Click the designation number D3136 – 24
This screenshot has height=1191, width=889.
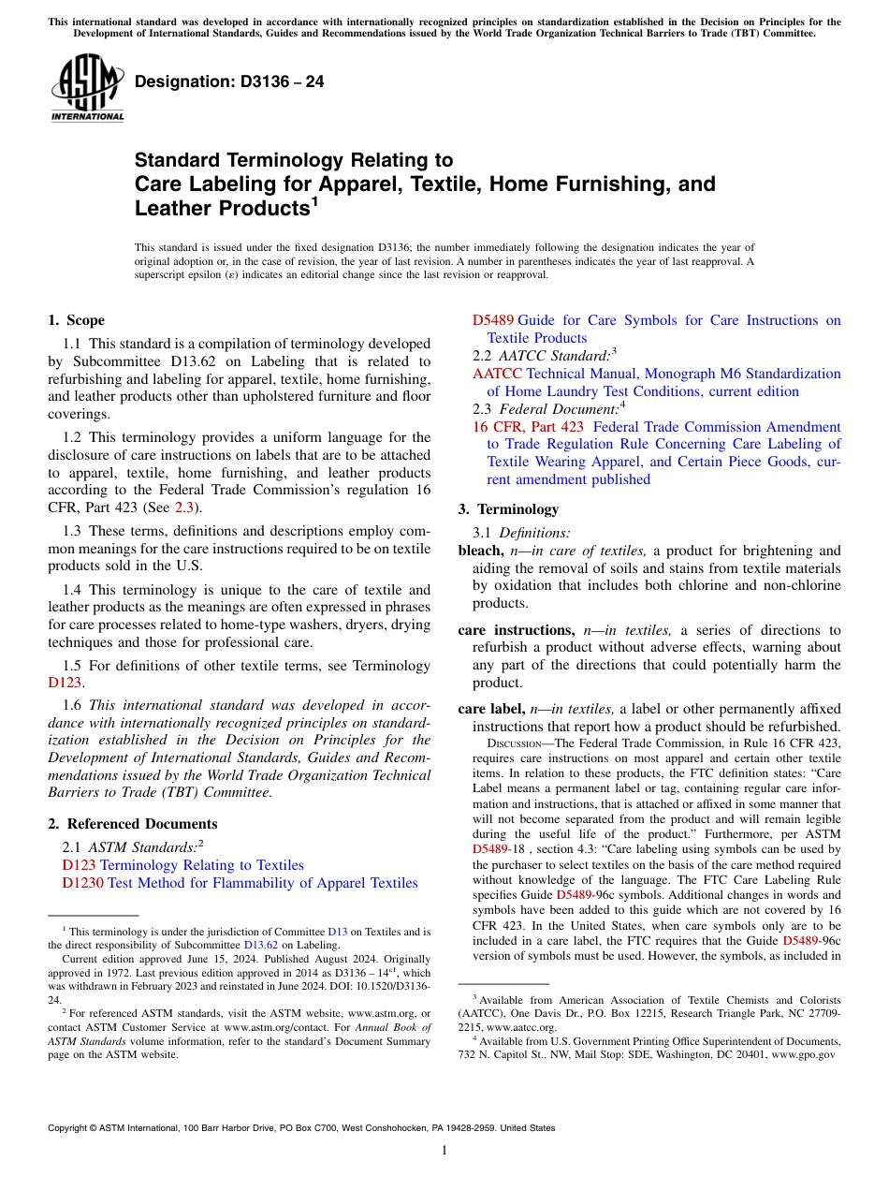229,81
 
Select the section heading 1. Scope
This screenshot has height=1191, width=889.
76,320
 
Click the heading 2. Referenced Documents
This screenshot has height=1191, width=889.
132,824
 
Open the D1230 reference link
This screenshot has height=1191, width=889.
82,883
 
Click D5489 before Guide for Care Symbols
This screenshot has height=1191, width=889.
493,320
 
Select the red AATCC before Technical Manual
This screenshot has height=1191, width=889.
497,374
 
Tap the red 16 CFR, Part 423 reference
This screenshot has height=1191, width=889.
527,427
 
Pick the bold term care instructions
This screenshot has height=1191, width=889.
516,630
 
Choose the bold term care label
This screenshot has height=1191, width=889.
491,709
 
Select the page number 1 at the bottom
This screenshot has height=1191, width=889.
444,1152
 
